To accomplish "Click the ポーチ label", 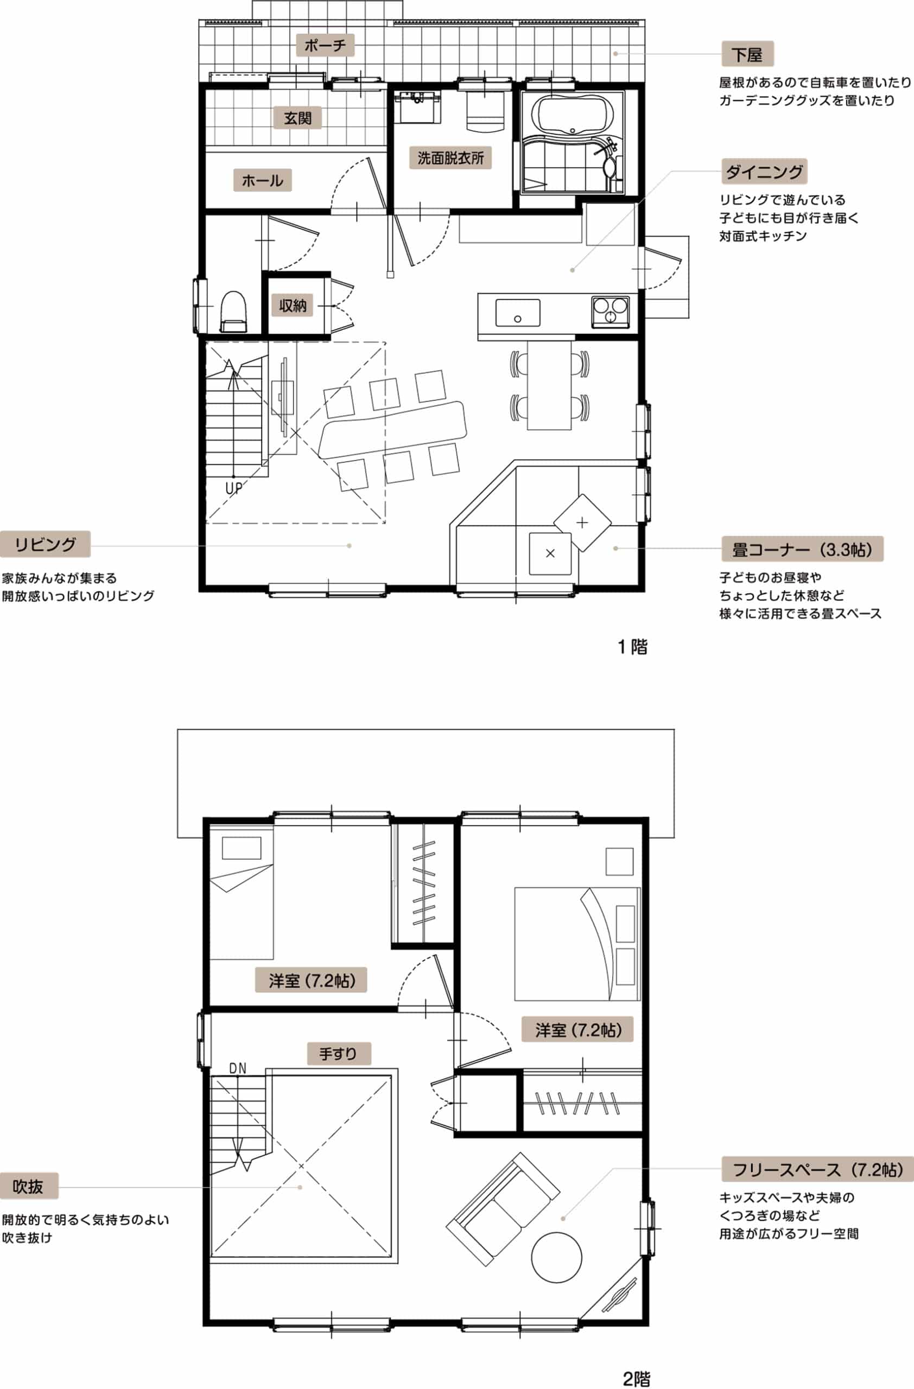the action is pos(325,45).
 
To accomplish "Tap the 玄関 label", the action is pos(297,118).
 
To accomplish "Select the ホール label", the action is pos(262,180).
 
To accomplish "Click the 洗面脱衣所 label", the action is pos(450,157).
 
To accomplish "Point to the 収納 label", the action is pos(293,305).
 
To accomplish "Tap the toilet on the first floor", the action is pos(234,311).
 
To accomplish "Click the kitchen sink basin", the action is pos(518,313).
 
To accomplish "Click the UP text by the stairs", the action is pos(233,488).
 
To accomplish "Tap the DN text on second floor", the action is pos(238,1068).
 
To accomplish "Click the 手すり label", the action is pos(338,1054).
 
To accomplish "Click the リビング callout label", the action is pos(45,544).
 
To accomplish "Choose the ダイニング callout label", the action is pos(764,171).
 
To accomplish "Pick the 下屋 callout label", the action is pos(748,54).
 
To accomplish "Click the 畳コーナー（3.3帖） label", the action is pos(802,549).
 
